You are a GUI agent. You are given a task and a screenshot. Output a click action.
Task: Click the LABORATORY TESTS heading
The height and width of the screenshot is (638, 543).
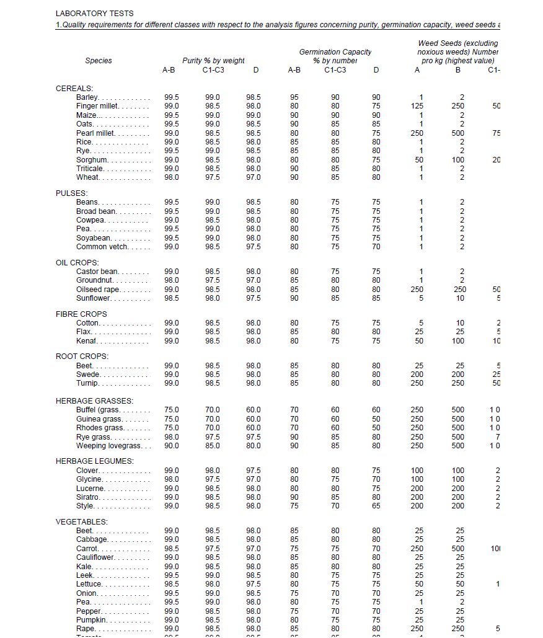pyautogui.click(x=94, y=13)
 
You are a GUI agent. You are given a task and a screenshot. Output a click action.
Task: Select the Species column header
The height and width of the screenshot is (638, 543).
pyautogui.click(x=99, y=61)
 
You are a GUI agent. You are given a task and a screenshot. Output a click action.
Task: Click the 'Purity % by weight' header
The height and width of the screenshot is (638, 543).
pyautogui.click(x=213, y=61)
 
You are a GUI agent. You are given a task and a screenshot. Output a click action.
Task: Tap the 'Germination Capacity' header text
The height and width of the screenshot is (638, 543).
pyautogui.click(x=335, y=52)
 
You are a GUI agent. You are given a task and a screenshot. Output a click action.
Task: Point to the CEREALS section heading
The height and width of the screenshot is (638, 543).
pyautogui.click(x=74, y=89)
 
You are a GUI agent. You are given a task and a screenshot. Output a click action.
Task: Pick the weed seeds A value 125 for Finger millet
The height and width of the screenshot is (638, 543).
pyautogui.click(x=417, y=106)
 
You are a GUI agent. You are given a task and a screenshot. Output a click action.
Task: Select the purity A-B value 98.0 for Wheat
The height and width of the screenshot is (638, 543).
pyautogui.click(x=172, y=178)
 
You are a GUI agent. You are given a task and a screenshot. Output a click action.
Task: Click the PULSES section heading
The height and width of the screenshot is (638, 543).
pyautogui.click(x=72, y=193)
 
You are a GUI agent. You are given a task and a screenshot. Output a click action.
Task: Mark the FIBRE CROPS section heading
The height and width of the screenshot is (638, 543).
pyautogui.click(x=81, y=314)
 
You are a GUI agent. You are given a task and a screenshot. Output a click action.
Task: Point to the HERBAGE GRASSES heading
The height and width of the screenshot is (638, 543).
pyautogui.click(x=94, y=401)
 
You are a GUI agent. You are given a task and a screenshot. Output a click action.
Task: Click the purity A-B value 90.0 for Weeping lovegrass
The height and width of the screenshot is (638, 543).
pyautogui.click(x=172, y=446)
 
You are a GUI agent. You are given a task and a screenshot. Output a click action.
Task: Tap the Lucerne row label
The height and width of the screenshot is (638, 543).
pyautogui.click(x=90, y=489)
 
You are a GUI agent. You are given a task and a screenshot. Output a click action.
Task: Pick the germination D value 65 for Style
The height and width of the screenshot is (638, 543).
pyautogui.click(x=376, y=506)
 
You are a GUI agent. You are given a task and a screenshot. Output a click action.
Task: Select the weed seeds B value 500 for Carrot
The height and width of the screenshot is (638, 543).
pyautogui.click(x=458, y=549)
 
